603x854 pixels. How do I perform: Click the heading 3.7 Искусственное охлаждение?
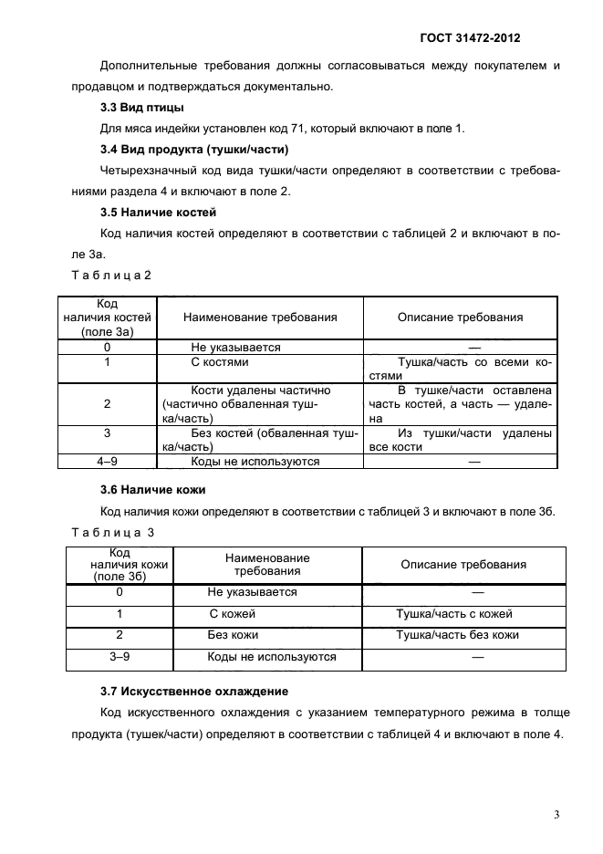point(193,691)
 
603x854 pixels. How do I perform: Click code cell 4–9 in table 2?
point(108,462)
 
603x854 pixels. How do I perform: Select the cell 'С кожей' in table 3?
point(233,614)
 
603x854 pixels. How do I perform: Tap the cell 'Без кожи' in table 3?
point(233,635)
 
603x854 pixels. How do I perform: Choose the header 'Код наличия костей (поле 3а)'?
point(108,318)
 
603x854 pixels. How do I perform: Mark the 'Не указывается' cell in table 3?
point(252,592)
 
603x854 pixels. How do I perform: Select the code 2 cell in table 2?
point(108,404)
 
